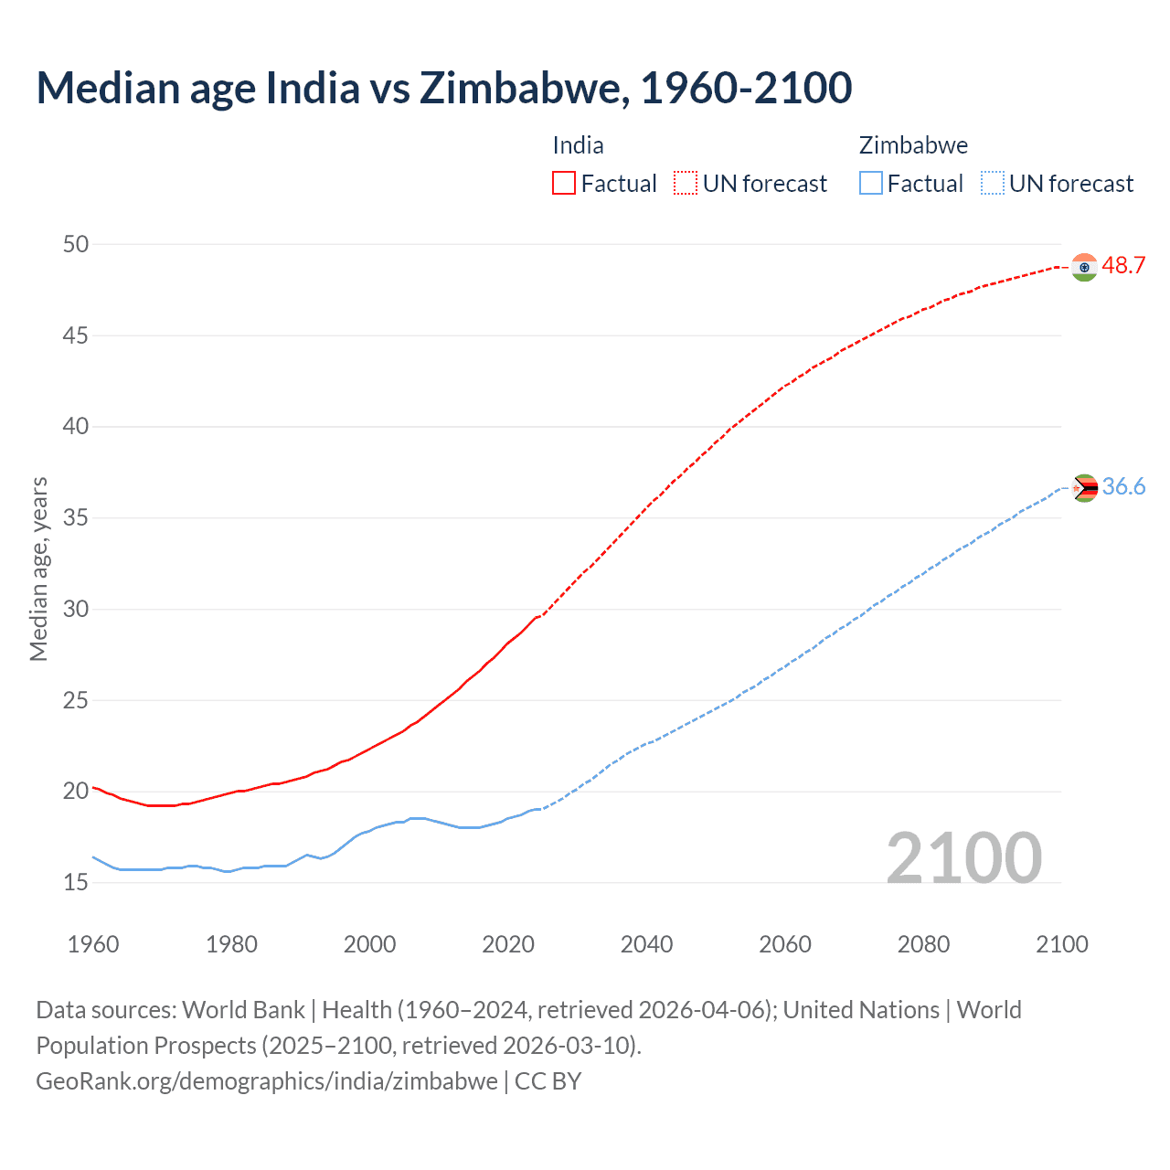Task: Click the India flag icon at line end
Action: pyautogui.click(x=1084, y=267)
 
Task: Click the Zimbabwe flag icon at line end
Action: pyautogui.click(x=1084, y=488)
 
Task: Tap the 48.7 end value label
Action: pyautogui.click(x=1123, y=266)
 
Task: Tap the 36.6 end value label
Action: pyautogui.click(x=1123, y=487)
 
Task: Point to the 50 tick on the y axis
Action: pyautogui.click(x=76, y=244)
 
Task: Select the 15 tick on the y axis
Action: pyautogui.click(x=76, y=883)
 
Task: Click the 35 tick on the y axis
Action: pyautogui.click(x=76, y=518)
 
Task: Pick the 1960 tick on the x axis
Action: pyautogui.click(x=93, y=944)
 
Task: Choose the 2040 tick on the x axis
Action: pyautogui.click(x=646, y=944)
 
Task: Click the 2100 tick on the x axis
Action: pyautogui.click(x=1061, y=944)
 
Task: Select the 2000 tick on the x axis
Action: pyautogui.click(x=369, y=944)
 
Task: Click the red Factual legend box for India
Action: pyautogui.click(x=564, y=184)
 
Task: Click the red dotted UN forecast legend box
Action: pyautogui.click(x=686, y=184)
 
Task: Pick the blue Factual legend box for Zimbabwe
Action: pyautogui.click(x=870, y=184)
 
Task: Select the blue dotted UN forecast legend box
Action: pyautogui.click(x=992, y=184)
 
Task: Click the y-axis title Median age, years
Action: pyautogui.click(x=38, y=569)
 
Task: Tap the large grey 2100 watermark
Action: pyautogui.click(x=963, y=857)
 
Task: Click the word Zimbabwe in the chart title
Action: pyautogui.click(x=523, y=88)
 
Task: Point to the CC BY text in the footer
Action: pyautogui.click(x=548, y=1081)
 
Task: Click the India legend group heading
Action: pyautogui.click(x=578, y=145)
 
